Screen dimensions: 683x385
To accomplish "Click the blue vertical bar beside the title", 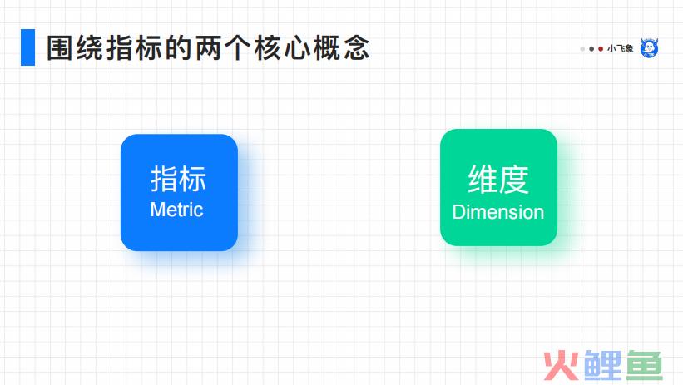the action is (28, 47).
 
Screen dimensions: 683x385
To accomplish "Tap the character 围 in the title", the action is (61, 48).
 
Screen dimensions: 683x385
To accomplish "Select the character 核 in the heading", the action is (267, 48).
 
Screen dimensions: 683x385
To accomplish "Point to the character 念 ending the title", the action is (357, 48).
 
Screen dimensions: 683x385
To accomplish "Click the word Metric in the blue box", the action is (176, 210).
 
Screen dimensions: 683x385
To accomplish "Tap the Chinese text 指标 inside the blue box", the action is (178, 179).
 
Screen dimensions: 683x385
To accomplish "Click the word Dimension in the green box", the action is (497, 212).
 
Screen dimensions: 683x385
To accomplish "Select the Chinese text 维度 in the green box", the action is (498, 179).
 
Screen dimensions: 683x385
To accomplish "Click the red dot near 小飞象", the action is (601, 49).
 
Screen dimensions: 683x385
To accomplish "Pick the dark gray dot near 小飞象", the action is (591, 49).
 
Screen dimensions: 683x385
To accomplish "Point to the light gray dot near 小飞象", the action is (582, 49).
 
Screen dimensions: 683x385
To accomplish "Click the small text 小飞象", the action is (621, 49).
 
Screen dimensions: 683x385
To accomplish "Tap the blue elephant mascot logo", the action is (650, 48).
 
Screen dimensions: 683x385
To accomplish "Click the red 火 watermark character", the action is (562, 365).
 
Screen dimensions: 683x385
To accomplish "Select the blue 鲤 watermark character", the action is (603, 365).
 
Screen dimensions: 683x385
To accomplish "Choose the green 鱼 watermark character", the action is (645, 365).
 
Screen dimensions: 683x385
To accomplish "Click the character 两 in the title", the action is (208, 48).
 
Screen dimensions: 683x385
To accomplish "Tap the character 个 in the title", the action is (238, 48).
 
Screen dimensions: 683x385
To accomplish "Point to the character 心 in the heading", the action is (297, 48).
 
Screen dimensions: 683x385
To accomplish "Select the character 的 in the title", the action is (179, 48).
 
